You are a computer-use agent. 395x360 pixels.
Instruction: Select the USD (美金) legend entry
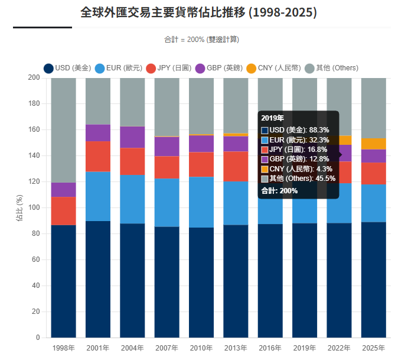click(67, 68)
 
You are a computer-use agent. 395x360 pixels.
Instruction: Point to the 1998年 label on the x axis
click(63, 348)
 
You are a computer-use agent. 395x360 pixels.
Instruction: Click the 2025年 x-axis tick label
click(373, 348)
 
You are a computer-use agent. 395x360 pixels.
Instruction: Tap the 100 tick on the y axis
click(34, 207)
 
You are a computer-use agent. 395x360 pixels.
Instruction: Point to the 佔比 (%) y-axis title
click(21, 207)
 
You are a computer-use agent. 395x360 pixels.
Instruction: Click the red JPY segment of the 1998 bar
click(63, 211)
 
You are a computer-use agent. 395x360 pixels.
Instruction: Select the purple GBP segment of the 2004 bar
click(132, 137)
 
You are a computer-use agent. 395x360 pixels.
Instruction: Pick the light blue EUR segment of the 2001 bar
click(98, 196)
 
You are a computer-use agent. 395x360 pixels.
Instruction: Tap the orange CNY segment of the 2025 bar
click(373, 144)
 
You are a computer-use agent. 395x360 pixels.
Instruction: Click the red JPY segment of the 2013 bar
click(236, 166)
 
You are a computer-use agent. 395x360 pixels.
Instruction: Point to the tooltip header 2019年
click(273, 118)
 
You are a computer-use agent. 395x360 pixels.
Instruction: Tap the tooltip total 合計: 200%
click(279, 191)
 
